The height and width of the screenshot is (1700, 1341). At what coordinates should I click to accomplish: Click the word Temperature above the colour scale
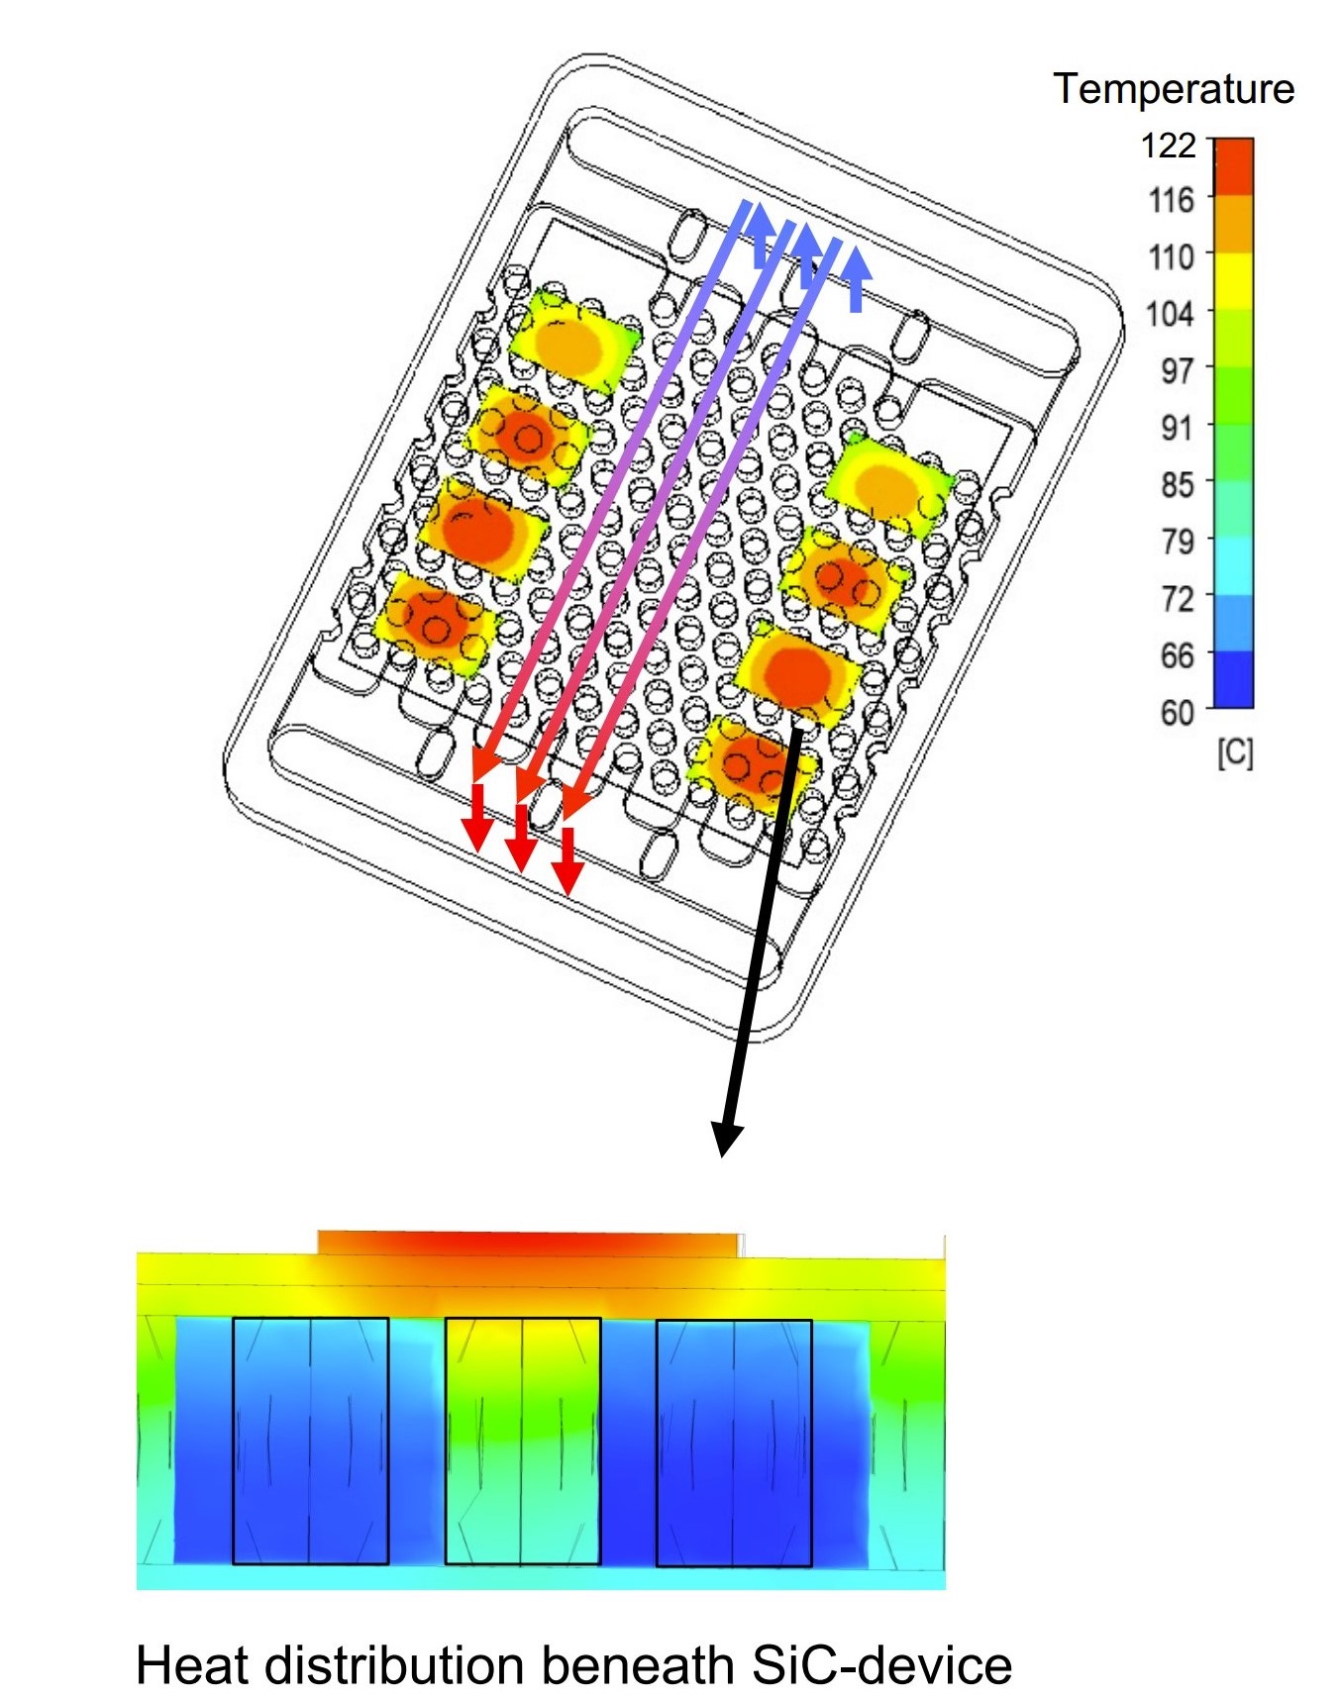pyautogui.click(x=1173, y=89)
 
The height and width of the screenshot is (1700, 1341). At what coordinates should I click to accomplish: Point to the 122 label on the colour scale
pyautogui.click(x=1169, y=146)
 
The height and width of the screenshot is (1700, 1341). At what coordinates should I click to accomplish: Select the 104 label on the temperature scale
pyautogui.click(x=1169, y=314)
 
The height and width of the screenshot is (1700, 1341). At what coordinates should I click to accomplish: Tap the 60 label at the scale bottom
pyautogui.click(x=1176, y=712)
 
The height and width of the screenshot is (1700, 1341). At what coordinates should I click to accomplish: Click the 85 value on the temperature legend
pyautogui.click(x=1176, y=484)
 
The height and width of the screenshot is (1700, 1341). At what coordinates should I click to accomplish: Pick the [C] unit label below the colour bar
pyautogui.click(x=1234, y=753)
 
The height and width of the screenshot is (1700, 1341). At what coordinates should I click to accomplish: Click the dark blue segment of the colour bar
pyautogui.click(x=1234, y=678)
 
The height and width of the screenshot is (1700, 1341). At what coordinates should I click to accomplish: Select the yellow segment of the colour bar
pyautogui.click(x=1234, y=281)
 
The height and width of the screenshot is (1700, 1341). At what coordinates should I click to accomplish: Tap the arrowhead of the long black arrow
pyautogui.click(x=727, y=1139)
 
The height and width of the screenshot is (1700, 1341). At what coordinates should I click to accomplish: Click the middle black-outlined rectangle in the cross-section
pyautogui.click(x=522, y=1441)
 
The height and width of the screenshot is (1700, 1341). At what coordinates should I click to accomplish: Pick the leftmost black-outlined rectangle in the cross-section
pyautogui.click(x=310, y=1441)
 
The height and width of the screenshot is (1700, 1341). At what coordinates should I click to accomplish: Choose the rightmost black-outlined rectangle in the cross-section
pyautogui.click(x=734, y=1441)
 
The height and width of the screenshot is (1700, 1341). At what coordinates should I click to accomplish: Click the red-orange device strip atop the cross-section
pyautogui.click(x=528, y=1244)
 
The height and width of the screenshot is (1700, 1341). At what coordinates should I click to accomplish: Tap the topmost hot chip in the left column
pyautogui.click(x=572, y=342)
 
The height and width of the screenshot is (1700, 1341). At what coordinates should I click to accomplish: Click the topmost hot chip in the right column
pyautogui.click(x=886, y=483)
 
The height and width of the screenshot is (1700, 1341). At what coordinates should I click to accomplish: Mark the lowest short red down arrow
pyautogui.click(x=567, y=861)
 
